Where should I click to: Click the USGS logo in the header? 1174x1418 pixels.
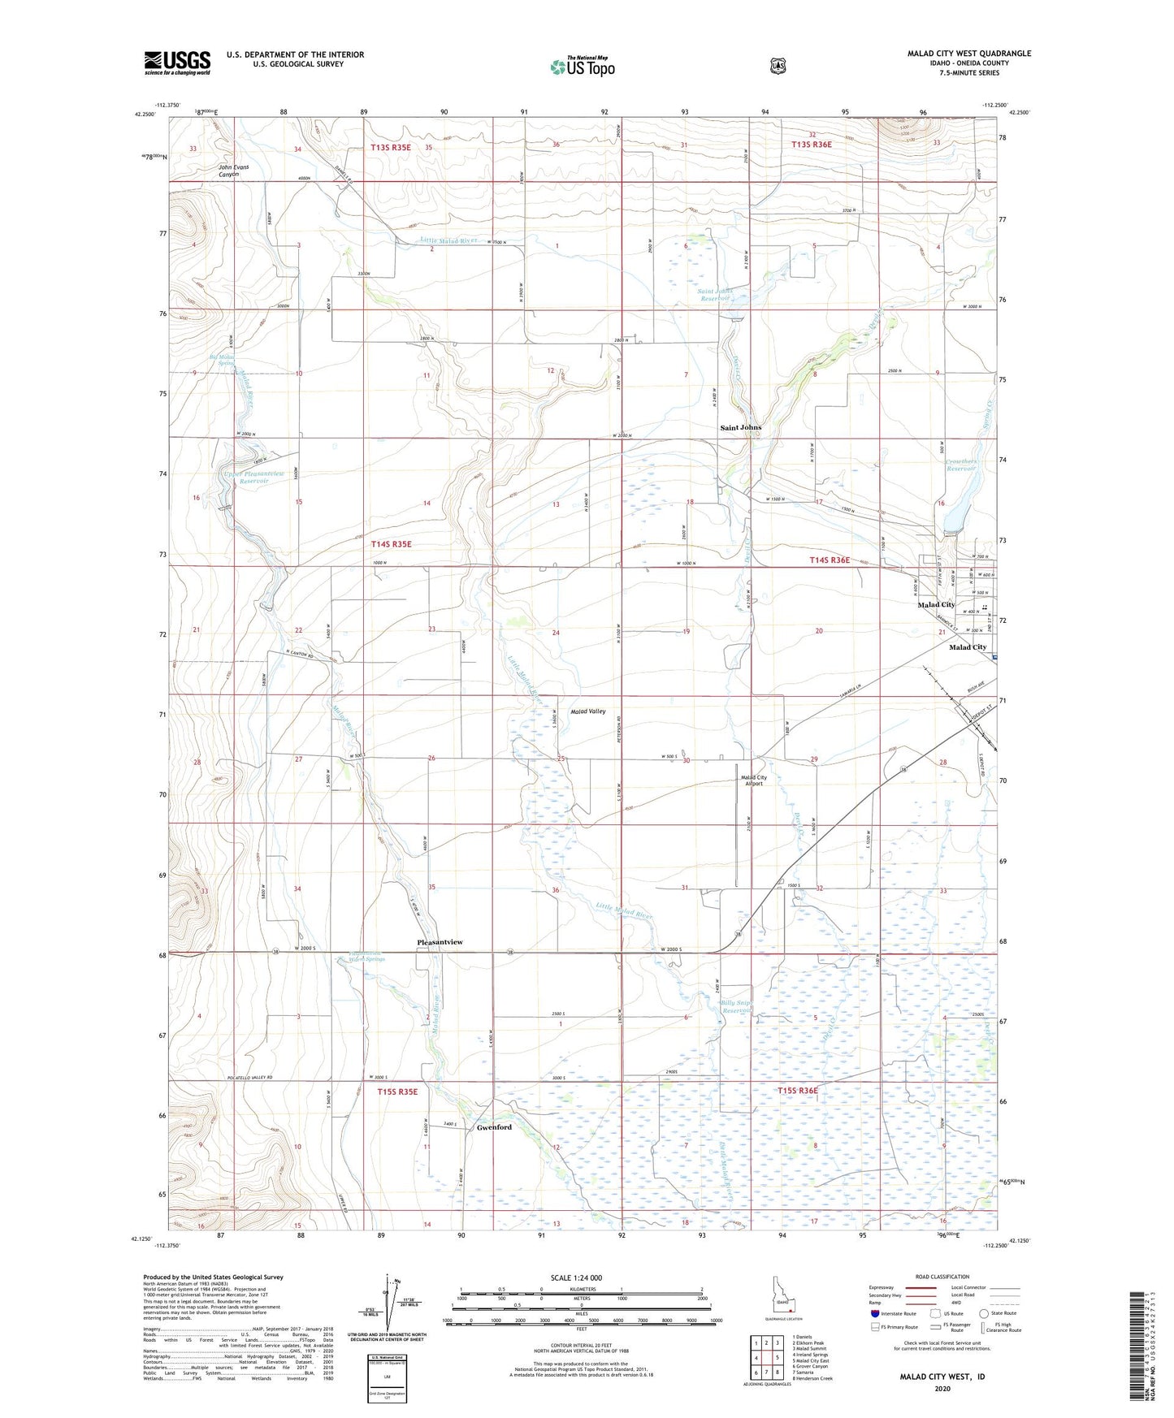point(177,63)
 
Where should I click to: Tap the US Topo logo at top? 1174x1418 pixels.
point(581,67)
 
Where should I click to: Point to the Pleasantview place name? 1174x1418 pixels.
point(440,942)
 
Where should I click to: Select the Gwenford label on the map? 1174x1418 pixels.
point(494,1127)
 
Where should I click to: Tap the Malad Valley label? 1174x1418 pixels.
point(587,711)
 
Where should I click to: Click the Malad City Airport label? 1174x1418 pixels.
point(754,780)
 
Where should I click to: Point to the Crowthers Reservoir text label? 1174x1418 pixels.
point(961,465)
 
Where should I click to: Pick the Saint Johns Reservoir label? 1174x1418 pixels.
point(714,294)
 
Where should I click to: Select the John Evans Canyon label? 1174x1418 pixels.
point(233,171)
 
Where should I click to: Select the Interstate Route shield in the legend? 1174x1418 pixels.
point(875,1313)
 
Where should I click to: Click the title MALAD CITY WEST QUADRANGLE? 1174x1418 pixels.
point(968,54)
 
